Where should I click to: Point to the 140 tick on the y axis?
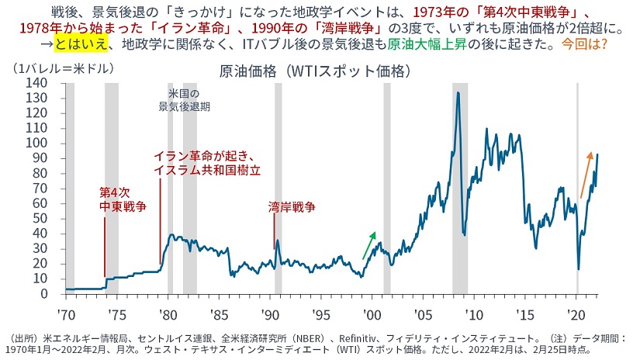35,81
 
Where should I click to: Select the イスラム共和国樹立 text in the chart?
206,169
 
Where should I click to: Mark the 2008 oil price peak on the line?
458,93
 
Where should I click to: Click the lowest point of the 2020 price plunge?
579,269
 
